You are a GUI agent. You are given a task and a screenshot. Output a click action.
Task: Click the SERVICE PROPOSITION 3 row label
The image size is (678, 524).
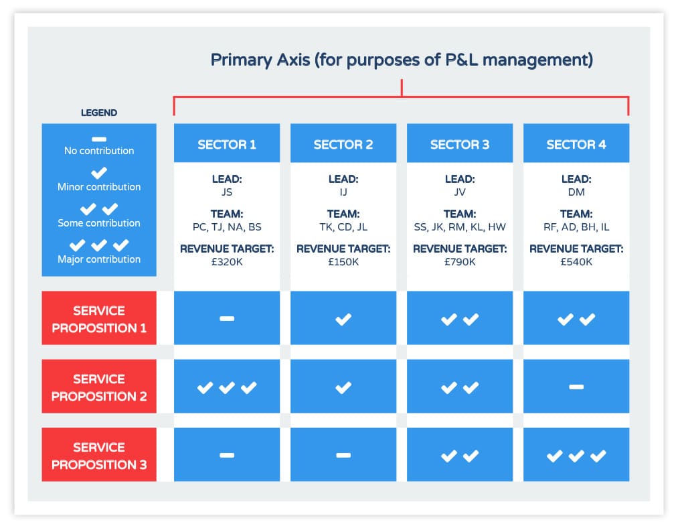(99, 455)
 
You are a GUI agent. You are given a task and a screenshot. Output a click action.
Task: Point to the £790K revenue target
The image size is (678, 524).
(460, 262)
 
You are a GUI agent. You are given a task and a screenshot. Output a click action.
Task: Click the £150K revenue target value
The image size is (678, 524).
(343, 262)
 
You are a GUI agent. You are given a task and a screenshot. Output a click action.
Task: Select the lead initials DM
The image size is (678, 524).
(576, 192)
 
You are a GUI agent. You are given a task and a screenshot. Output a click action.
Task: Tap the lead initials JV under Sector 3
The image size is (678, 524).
(460, 192)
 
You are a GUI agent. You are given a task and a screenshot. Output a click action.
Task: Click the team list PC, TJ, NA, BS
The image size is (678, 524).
(227, 227)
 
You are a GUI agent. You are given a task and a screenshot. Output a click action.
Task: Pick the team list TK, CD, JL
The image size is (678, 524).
(343, 227)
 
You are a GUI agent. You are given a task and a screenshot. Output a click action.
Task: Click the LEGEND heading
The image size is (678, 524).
(99, 113)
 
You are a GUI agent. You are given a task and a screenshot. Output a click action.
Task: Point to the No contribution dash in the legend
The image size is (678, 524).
(99, 139)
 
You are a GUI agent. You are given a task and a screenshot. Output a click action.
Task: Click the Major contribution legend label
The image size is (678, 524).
(99, 259)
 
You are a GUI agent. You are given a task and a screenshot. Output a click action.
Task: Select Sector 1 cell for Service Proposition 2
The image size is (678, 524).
(227, 386)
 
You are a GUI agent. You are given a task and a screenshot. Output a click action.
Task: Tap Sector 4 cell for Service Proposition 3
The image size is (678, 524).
(576, 455)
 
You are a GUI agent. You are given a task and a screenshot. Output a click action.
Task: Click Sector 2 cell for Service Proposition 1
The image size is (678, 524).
(343, 318)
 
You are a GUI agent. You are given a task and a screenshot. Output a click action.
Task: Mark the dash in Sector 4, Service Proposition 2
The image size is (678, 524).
(576, 387)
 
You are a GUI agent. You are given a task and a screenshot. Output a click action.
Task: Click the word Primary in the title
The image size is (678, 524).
(241, 60)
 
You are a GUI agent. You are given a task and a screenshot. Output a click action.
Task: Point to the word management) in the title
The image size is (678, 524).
(538, 60)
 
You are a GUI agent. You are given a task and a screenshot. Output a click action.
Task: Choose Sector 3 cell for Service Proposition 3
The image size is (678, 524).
(460, 455)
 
